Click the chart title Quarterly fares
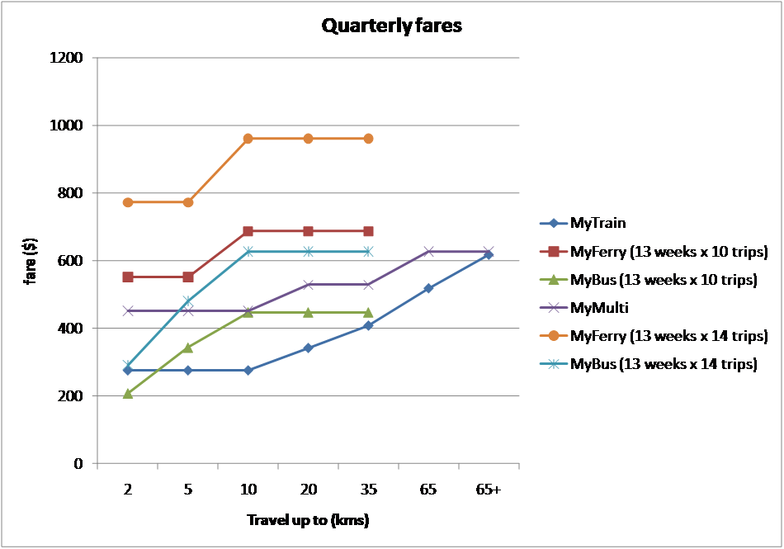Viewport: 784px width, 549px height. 392,26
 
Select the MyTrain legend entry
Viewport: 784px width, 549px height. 597,223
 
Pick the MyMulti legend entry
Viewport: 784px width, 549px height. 599,307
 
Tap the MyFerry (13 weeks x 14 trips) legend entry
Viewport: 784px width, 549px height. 668,335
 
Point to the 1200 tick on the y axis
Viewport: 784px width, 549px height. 68,58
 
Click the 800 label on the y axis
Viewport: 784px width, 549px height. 72,193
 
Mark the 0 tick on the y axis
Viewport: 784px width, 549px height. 79,464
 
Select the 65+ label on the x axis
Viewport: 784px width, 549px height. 488,490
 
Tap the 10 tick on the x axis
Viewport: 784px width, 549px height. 248,490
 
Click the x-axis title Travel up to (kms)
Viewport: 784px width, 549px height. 308,521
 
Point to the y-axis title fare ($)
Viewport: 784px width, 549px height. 29,261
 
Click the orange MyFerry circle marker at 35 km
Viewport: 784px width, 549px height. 368,138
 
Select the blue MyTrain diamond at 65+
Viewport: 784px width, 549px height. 488,254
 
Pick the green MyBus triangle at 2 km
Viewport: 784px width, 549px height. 128,393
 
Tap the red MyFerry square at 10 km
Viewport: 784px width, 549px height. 248,231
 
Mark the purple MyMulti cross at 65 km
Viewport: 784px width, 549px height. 428,251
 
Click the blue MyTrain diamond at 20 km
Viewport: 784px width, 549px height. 308,348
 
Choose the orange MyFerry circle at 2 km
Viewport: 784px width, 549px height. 128,202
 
